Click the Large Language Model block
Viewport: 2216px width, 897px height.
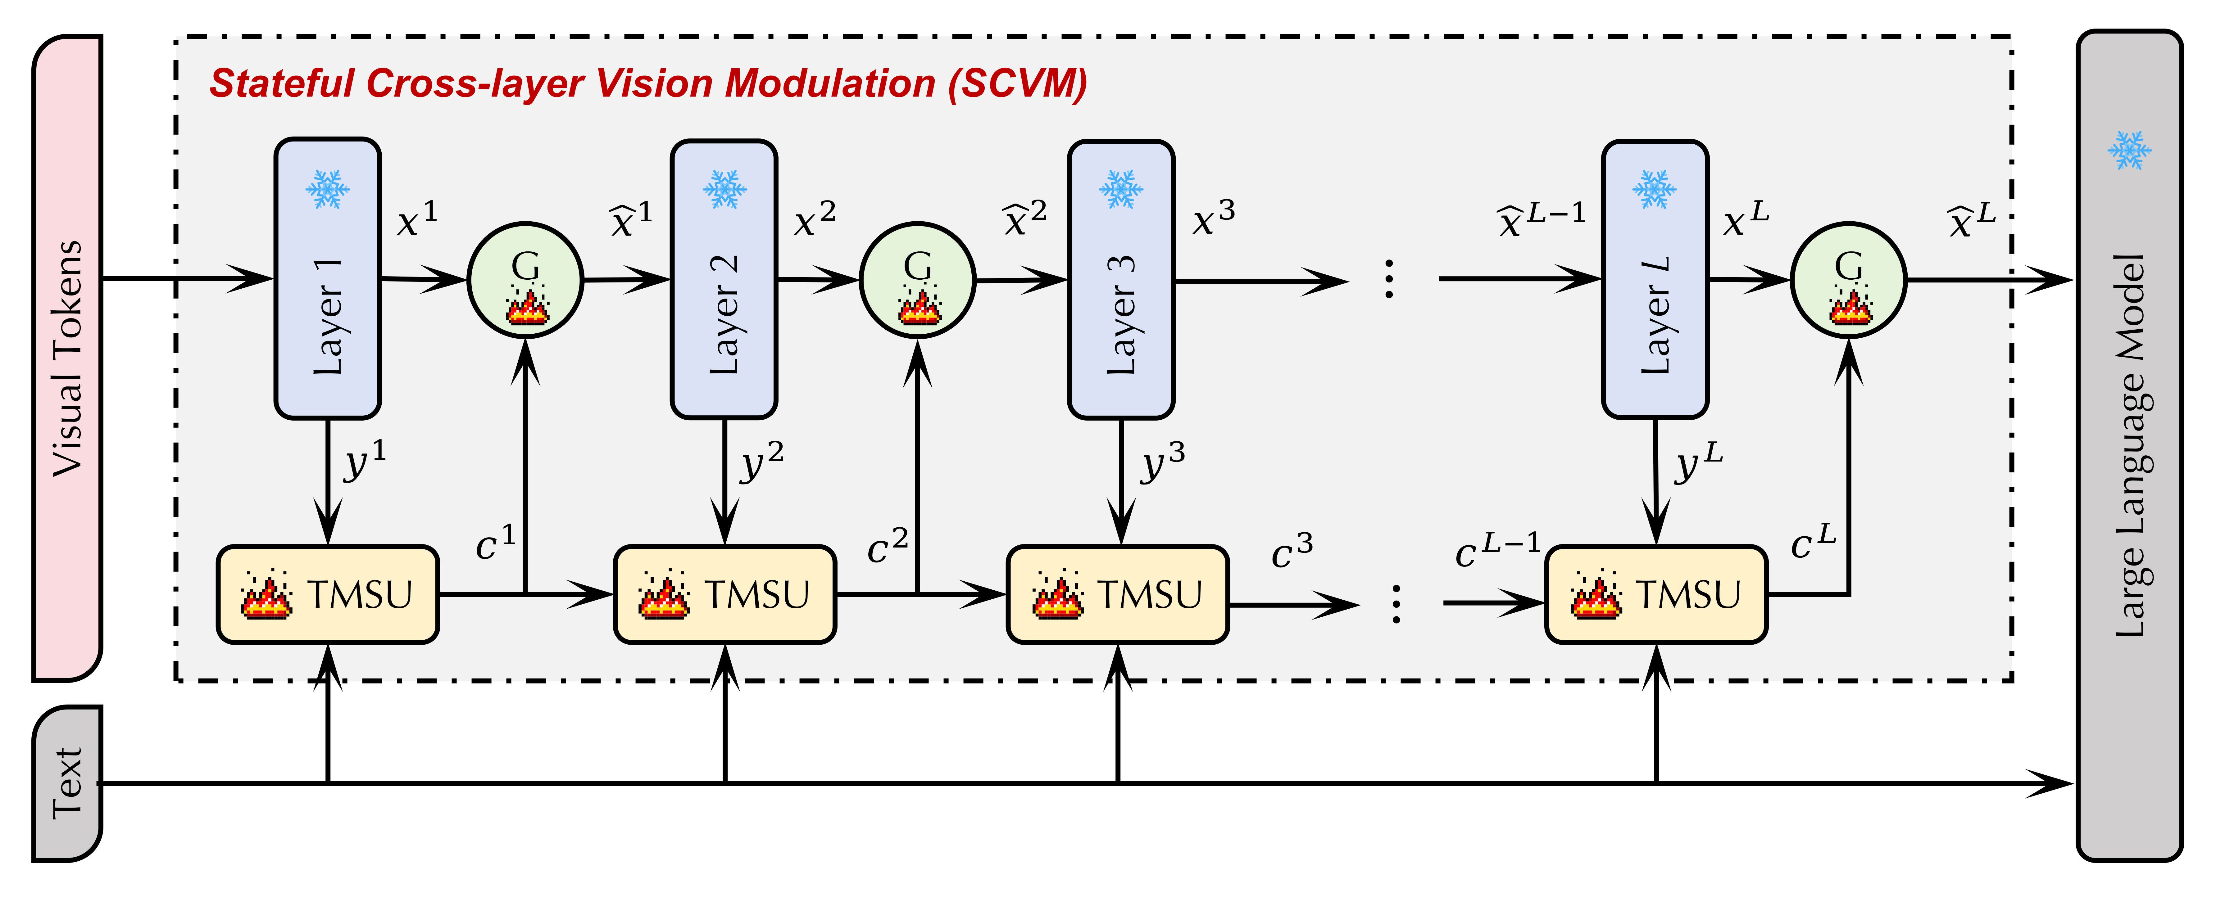tap(2129, 445)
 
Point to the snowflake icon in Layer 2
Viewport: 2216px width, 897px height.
tap(724, 189)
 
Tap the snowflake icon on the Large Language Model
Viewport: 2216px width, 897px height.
tap(2129, 151)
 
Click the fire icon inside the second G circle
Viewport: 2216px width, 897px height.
tap(919, 305)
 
